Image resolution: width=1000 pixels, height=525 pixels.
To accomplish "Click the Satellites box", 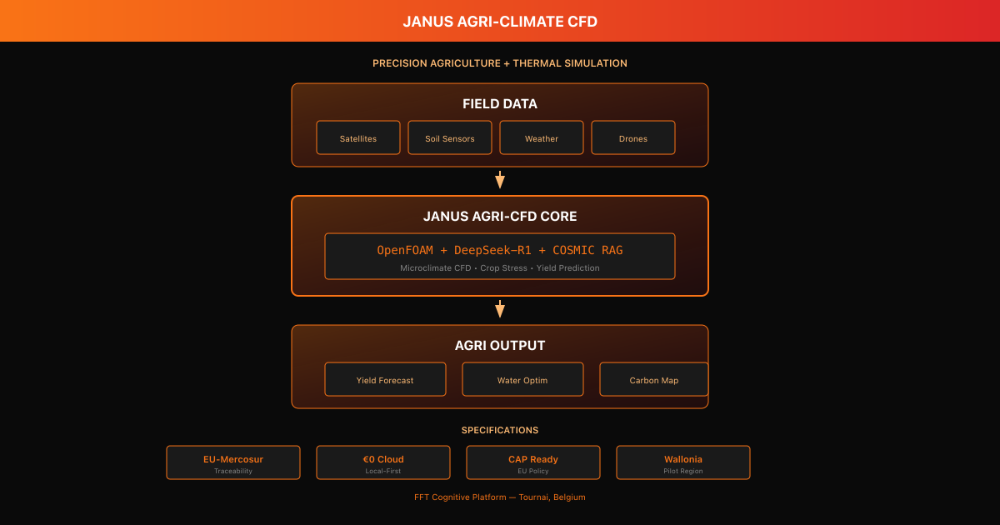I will tap(358, 138).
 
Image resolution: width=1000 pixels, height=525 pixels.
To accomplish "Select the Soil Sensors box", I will tap(450, 138).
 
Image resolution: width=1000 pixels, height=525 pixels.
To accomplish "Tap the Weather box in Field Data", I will tap(542, 138).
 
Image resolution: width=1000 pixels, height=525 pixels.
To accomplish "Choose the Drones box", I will tap(633, 138).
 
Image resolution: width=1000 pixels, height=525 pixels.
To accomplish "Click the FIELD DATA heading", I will tap(500, 104).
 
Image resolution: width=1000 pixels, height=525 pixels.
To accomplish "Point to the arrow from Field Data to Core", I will tap(500, 180).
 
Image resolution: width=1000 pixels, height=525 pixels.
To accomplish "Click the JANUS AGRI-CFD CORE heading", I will tap(500, 217).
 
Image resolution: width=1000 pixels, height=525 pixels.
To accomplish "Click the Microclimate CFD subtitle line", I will tap(500, 268).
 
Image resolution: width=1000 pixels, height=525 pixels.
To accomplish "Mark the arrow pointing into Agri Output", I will tap(500, 309).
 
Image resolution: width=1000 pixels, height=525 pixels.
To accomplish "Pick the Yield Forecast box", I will tap(385, 380).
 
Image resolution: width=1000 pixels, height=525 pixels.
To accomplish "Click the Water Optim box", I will tap(522, 380).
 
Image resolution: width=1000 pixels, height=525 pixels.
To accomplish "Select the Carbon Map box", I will tap(653, 380).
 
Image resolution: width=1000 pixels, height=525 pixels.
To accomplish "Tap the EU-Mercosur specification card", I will tap(233, 462).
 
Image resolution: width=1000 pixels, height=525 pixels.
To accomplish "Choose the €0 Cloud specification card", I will tap(383, 462).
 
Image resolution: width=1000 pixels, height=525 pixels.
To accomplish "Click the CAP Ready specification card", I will tap(533, 462).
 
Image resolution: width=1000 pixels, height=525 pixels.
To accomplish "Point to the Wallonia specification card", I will tap(683, 462).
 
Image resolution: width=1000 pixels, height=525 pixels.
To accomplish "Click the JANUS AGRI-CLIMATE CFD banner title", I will tap(500, 22).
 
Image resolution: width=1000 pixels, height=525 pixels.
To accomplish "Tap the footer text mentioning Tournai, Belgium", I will tap(500, 497).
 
